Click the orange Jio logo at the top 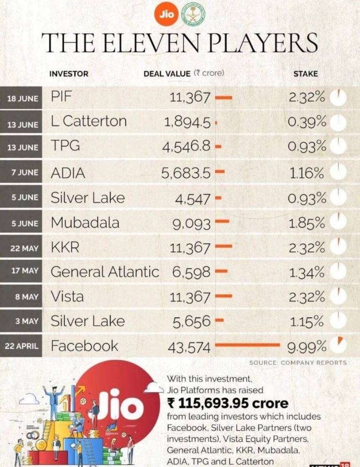(166, 14)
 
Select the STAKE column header (305, 74)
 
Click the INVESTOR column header (68, 74)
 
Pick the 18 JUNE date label (22, 98)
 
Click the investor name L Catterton (89, 121)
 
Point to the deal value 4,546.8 (187, 147)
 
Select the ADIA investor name (68, 173)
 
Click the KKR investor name (65, 248)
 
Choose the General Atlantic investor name (105, 271)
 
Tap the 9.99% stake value (307, 347)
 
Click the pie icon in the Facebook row (338, 345)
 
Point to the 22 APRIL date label (22, 346)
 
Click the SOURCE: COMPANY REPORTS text (298, 362)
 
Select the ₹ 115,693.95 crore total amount (227, 403)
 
